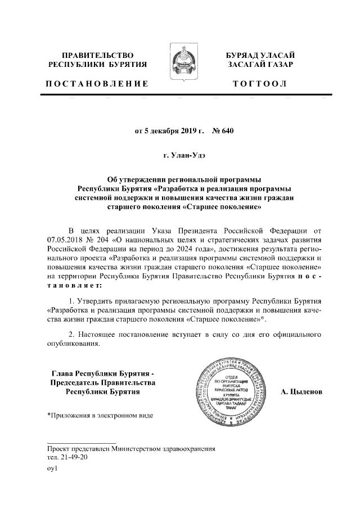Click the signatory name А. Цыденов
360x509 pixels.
301,391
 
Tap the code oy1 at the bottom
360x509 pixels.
52,469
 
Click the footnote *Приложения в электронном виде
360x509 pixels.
99,416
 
